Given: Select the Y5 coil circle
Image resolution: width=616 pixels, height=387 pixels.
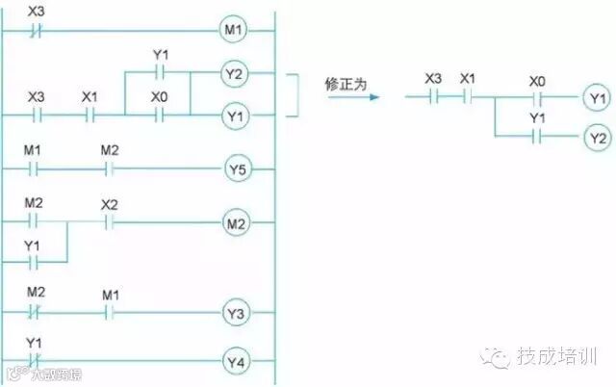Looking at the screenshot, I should (x=237, y=170).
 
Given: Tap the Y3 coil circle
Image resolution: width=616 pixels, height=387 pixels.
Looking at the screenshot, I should (x=237, y=313).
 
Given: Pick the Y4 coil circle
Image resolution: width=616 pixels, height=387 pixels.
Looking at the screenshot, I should (x=237, y=362).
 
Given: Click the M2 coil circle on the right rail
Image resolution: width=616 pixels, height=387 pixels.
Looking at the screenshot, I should (x=237, y=223).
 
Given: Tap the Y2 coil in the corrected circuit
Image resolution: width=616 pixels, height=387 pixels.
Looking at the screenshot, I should (x=597, y=138).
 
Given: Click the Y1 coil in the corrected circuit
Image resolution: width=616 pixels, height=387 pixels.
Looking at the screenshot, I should (x=597, y=97).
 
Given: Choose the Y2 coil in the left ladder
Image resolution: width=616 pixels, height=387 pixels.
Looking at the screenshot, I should (x=235, y=73).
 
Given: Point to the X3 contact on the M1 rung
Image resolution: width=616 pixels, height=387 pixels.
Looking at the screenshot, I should (x=36, y=30).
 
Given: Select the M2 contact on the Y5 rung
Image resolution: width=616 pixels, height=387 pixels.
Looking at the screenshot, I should (x=109, y=170).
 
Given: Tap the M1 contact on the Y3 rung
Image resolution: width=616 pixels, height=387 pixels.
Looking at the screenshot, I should (x=110, y=313).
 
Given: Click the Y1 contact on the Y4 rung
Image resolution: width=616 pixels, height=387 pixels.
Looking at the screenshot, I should (x=35, y=362).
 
